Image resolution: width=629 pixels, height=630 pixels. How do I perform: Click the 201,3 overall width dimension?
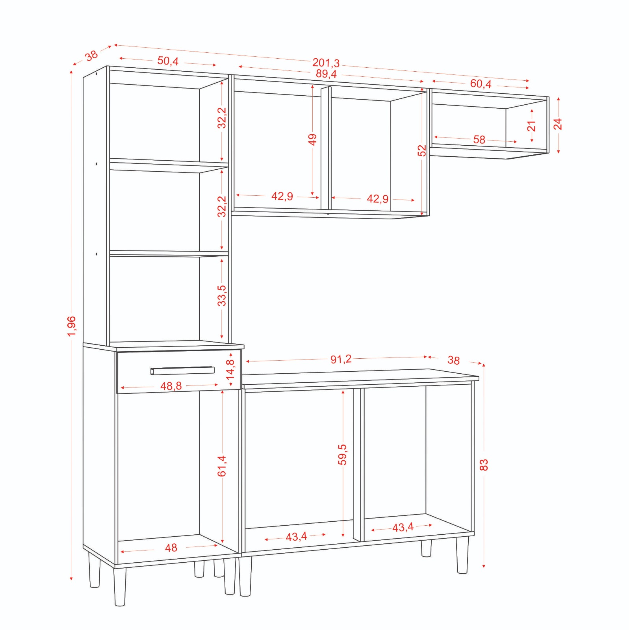coord(326,63)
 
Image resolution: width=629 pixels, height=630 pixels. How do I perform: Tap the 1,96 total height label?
coord(71,326)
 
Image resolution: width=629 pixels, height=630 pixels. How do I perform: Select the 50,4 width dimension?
coord(168,61)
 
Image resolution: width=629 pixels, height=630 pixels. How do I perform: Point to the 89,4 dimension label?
coord(326,74)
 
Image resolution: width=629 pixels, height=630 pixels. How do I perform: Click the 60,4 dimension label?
coord(481,84)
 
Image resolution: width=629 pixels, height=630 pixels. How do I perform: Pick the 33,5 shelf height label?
coord(222,295)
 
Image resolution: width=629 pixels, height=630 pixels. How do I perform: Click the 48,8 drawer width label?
coord(171,386)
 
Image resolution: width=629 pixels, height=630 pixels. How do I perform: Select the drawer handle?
coord(182,371)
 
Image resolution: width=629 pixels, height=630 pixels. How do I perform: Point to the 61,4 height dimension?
coord(222,466)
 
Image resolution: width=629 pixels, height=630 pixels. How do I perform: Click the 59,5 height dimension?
coord(342,454)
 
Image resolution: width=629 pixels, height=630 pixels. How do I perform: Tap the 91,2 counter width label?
coord(341,359)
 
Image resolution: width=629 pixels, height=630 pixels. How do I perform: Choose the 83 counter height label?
coord(484,465)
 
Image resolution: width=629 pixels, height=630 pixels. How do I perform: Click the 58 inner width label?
coord(479,139)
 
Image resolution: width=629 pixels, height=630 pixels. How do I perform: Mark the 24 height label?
coord(558,124)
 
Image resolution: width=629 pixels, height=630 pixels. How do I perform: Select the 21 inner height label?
coord(531,126)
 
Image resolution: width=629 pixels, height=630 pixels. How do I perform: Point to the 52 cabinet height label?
coord(422,150)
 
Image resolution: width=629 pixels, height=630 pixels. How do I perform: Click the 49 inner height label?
coord(312,139)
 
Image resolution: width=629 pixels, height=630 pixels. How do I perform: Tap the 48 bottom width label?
coord(171,548)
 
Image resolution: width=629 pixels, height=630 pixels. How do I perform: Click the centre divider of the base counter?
coord(356,465)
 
